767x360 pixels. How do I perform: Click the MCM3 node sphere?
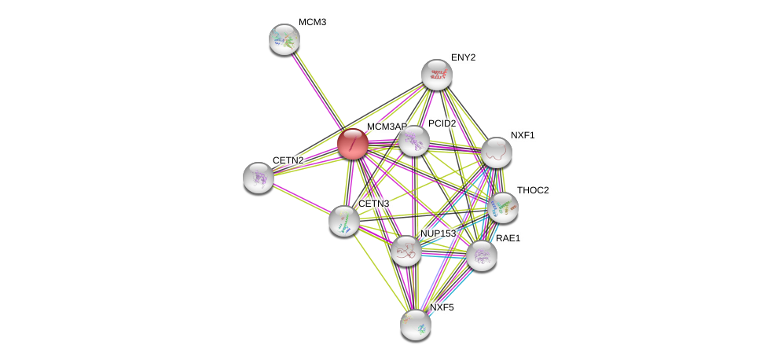coord(284,39)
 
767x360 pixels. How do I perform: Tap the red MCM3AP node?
coord(353,144)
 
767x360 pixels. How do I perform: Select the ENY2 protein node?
coord(436,75)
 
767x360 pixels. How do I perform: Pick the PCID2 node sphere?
coord(413,141)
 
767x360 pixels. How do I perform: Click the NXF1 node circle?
coord(496,152)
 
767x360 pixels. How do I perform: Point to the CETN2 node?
coord(259,178)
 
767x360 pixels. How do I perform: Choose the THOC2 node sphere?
coord(502,208)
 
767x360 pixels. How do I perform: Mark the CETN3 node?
coord(343,221)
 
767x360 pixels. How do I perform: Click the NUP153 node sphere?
coord(406,251)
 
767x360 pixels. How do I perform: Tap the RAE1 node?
coord(481,255)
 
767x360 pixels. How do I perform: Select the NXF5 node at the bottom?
coord(415,325)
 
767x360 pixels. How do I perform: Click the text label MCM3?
coord(312,22)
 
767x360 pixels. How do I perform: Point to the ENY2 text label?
coord(463,57)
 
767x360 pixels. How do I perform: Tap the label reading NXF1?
coord(522,135)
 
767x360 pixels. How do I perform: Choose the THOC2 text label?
coord(532,190)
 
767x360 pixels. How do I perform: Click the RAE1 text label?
coord(508,238)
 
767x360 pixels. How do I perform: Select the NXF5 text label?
coord(442,307)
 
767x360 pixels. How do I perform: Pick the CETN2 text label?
coord(288,160)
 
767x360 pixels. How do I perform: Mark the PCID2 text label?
coord(442,123)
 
